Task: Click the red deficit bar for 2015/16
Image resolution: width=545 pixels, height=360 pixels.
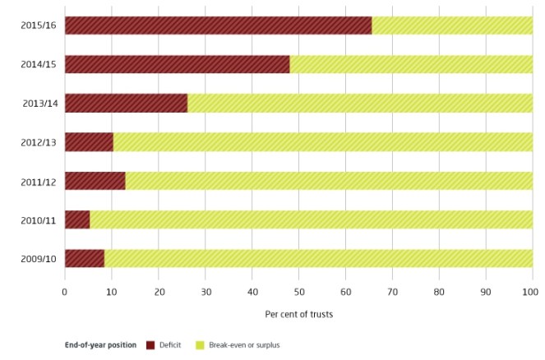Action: pyautogui.click(x=218, y=25)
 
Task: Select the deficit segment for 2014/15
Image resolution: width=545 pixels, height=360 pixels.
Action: pyautogui.click(x=177, y=64)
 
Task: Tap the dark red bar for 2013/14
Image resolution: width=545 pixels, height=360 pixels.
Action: pyautogui.click(x=126, y=103)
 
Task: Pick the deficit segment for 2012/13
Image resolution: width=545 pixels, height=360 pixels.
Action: pyautogui.click(x=89, y=141)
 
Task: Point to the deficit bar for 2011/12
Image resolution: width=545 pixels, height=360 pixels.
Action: pyautogui.click(x=95, y=180)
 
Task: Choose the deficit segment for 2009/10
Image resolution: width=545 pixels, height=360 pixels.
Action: pyautogui.click(x=85, y=257)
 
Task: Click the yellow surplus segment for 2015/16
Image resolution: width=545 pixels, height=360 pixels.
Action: pyautogui.click(x=452, y=25)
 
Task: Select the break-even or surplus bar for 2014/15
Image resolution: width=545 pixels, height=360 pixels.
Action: pyautogui.click(x=411, y=64)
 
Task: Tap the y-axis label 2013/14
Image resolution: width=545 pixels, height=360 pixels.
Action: pyautogui.click(x=39, y=103)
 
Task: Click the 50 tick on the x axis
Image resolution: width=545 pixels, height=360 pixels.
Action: pyautogui.click(x=298, y=291)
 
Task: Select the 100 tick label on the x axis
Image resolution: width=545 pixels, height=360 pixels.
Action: pyautogui.click(x=532, y=291)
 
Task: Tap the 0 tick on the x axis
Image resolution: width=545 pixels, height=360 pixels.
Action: pyautogui.click(x=65, y=291)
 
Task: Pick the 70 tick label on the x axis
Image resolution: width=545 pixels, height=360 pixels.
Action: pyautogui.click(x=392, y=291)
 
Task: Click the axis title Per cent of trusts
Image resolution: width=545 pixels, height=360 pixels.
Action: pyautogui.click(x=298, y=313)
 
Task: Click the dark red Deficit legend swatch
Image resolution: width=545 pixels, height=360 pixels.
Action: pyautogui.click(x=150, y=345)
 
